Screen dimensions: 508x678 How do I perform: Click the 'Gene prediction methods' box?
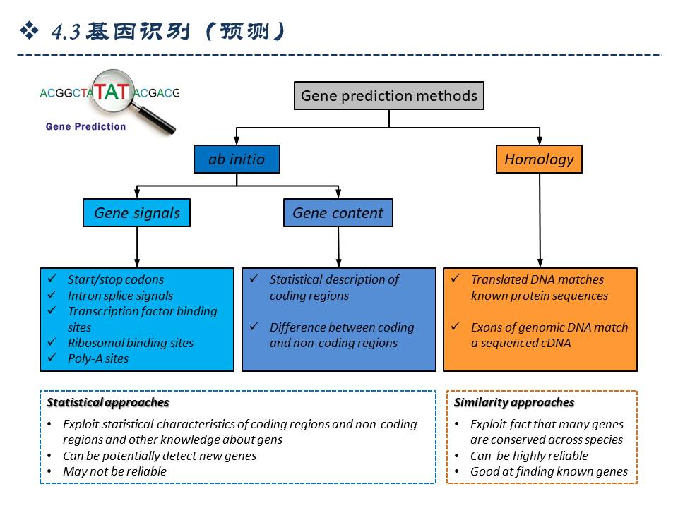point(388,95)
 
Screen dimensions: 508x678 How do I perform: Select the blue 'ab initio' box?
point(237,159)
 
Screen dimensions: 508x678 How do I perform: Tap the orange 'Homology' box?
point(539,159)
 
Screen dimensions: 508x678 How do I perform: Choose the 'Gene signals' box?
point(137,213)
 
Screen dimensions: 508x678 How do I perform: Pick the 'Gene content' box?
point(338,213)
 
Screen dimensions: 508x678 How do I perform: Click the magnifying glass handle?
point(161,121)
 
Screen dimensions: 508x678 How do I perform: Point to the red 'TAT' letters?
point(112,92)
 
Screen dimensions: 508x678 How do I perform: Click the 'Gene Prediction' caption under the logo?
point(85,127)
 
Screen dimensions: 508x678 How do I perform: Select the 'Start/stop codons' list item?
point(115,279)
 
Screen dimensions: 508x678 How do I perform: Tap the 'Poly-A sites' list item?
point(98,358)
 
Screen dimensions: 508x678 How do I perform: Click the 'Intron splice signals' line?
point(120,296)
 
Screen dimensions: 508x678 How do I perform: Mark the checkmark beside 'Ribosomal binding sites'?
point(52,343)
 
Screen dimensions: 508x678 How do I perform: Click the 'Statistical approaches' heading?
point(108,403)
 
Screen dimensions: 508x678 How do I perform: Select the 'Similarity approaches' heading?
point(514,403)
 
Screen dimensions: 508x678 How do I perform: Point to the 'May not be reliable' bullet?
point(114,471)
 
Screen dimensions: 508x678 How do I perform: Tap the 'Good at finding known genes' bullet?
point(549,471)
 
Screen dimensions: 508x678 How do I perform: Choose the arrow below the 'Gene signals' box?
point(136,247)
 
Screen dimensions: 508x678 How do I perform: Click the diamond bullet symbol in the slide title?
point(29,30)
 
